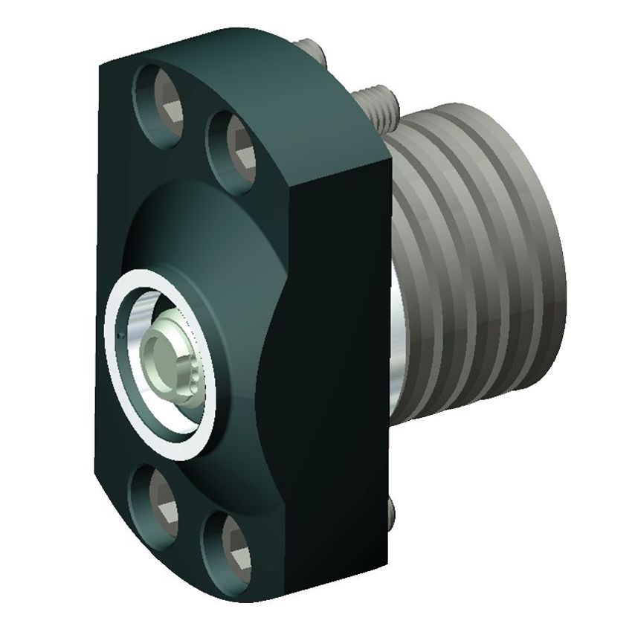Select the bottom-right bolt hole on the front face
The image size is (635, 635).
[226, 537]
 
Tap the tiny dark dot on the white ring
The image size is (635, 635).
[119, 339]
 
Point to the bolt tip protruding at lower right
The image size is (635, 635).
[392, 510]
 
